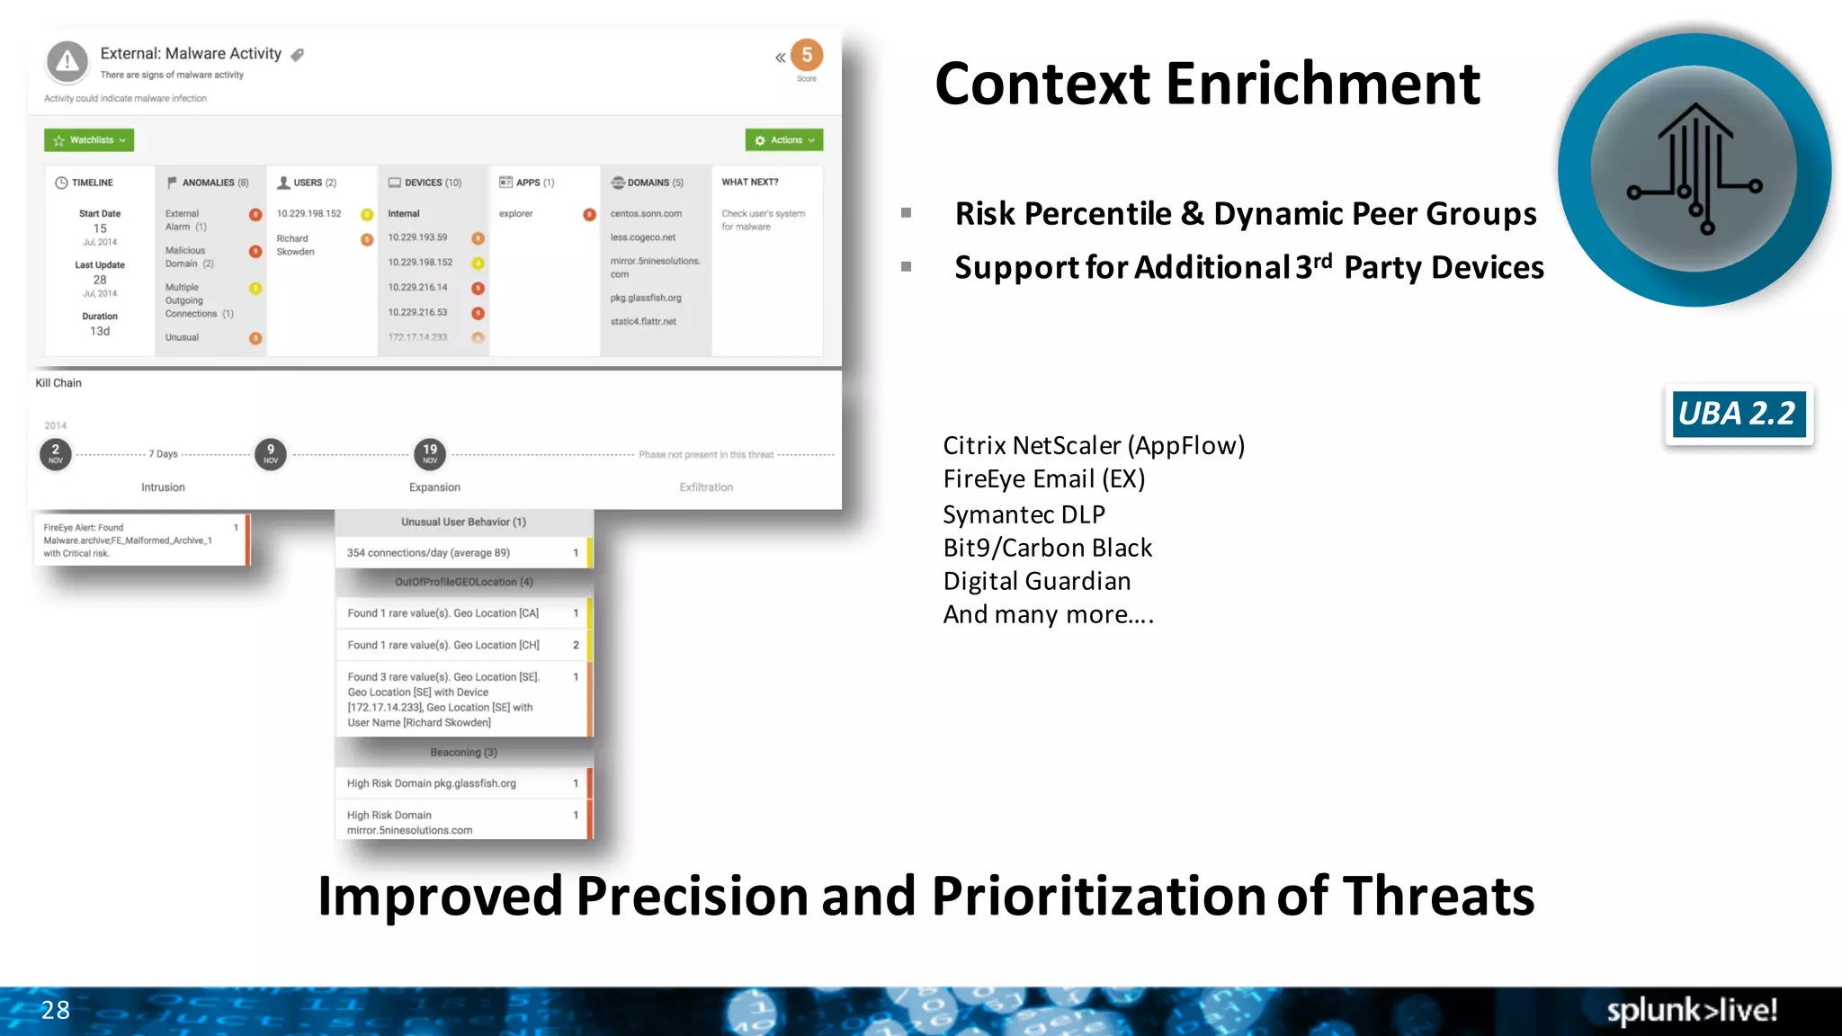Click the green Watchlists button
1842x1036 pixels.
[89, 140]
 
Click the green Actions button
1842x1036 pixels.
[784, 140]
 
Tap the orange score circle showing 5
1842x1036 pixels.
[807, 56]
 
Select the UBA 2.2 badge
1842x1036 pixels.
[1738, 414]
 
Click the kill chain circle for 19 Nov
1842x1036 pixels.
[430, 453]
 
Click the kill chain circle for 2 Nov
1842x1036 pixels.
[56, 453]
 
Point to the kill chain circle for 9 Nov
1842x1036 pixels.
[271, 453]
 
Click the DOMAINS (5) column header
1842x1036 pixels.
[648, 183]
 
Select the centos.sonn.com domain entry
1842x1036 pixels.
[646, 214]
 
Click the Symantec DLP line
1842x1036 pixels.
[1024, 514]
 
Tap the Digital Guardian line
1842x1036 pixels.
[1036, 581]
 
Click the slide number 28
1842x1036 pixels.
[56, 1010]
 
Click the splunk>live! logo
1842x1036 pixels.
[1691, 1010]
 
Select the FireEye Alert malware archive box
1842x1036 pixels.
[140, 540]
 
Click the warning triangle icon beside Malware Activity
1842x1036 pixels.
[67, 62]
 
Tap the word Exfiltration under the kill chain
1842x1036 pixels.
[706, 487]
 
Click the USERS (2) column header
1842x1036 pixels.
[308, 183]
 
